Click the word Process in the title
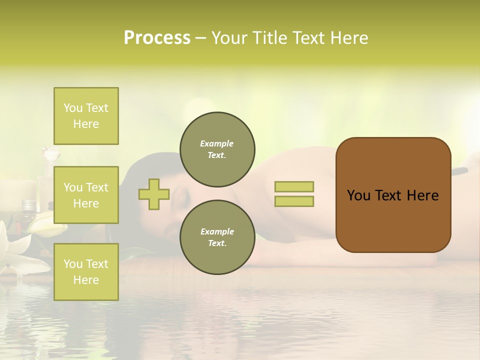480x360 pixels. coord(157,38)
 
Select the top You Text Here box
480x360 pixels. coord(86,116)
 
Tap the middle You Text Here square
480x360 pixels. coord(86,195)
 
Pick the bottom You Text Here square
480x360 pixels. coord(86,272)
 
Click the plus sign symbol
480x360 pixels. coord(154,194)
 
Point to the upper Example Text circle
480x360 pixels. coord(217,149)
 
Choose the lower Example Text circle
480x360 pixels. coord(217,237)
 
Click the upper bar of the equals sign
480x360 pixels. coord(294,187)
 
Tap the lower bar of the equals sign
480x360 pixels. coord(294,201)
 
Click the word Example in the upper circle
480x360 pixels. coord(217,143)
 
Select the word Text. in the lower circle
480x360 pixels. coord(217,243)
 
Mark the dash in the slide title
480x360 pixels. coord(201,38)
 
